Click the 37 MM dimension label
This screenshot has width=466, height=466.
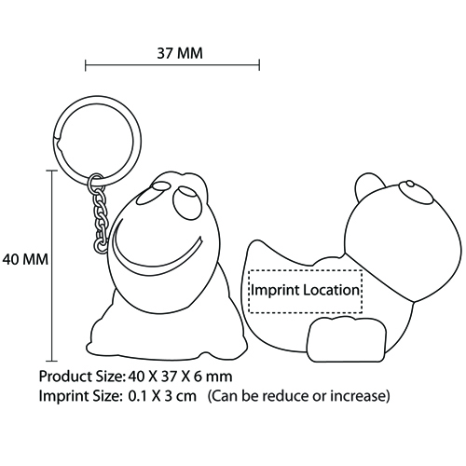180,53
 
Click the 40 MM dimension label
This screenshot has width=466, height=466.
25,259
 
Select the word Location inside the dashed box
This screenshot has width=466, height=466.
331,290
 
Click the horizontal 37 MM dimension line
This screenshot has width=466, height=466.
172,65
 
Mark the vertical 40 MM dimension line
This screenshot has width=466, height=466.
52,266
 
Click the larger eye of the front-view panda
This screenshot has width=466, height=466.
185,202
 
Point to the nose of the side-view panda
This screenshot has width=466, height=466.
410,184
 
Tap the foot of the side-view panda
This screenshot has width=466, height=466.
347,339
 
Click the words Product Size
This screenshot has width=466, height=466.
82,377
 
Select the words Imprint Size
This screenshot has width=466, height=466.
79,396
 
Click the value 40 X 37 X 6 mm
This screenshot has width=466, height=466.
180,377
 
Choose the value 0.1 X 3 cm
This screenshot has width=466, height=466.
162,396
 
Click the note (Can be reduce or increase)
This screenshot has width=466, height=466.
298,396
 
